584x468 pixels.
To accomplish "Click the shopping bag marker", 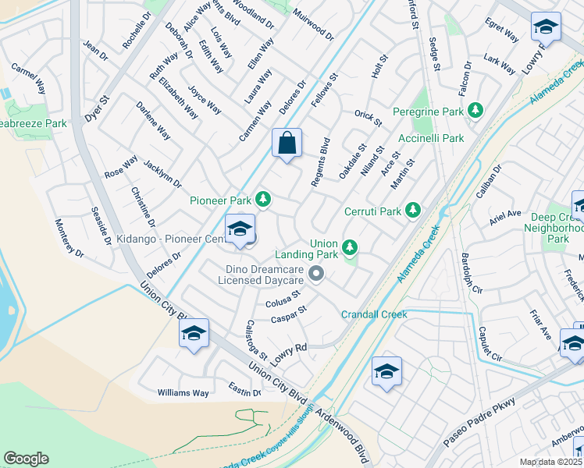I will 287,144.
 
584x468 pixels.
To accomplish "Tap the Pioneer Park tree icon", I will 263,200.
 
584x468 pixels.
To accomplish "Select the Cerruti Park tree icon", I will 412,211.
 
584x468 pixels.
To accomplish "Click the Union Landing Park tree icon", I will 351,248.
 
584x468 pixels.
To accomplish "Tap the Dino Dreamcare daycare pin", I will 316,273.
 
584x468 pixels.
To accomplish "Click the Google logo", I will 27,459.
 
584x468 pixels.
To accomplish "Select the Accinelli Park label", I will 430,138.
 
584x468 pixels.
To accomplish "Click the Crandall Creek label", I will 374,314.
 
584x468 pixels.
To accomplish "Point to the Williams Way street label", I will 183,393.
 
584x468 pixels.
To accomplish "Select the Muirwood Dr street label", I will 313,25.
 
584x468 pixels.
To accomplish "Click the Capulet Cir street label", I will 490,338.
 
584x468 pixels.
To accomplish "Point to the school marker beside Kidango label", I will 240,230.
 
